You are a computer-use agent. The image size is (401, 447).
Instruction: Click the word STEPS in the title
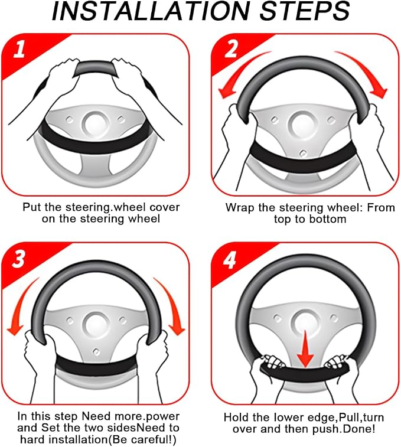pos(305,11)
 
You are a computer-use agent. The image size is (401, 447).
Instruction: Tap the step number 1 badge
pos(19,49)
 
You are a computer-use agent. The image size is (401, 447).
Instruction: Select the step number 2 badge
pos(230,48)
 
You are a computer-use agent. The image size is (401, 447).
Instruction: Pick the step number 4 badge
pos(230,259)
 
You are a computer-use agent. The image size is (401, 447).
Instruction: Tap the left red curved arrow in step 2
pos(237,72)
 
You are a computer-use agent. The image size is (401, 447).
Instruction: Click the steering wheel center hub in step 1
pos(96,123)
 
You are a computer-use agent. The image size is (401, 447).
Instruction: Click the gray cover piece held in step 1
pos(96,68)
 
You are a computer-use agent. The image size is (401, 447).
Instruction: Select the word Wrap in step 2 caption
pos(239,208)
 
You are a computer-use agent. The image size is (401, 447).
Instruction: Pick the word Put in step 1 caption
pos(32,207)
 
